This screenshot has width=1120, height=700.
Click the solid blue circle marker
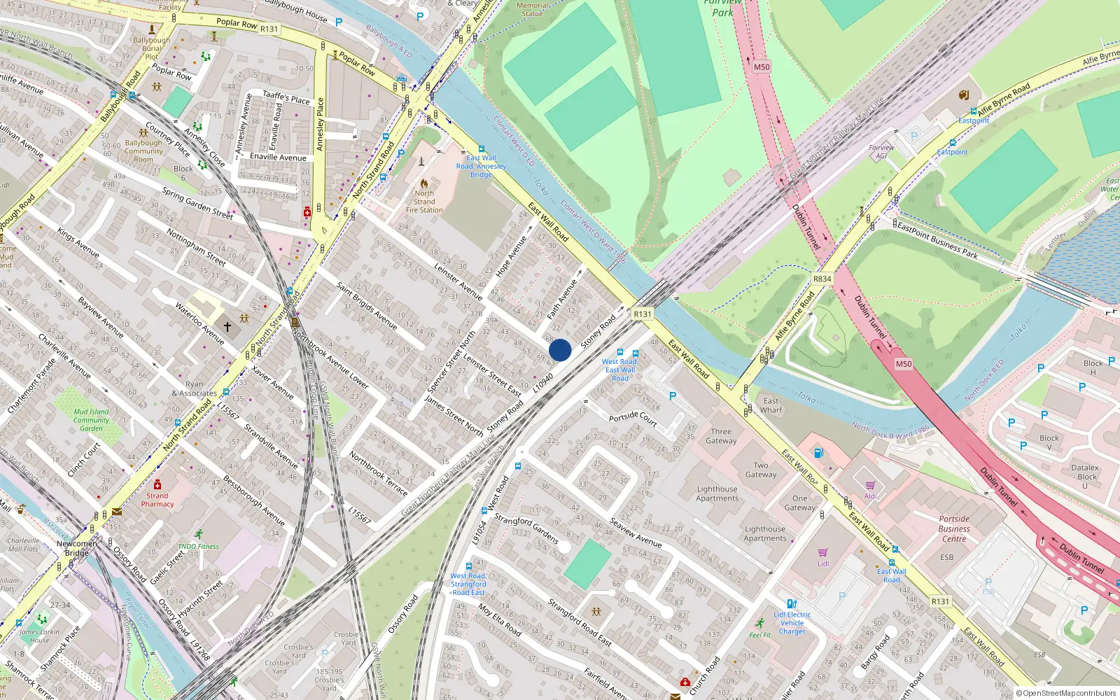pyautogui.click(x=560, y=350)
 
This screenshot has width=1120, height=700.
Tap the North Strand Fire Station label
pyautogui.click(x=424, y=202)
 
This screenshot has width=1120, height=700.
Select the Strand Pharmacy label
pyautogui.click(x=157, y=499)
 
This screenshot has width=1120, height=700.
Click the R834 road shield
pyautogui.click(x=822, y=279)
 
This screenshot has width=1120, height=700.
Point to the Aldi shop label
pyautogui.click(x=870, y=496)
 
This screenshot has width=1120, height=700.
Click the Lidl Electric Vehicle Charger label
pyautogui.click(x=792, y=622)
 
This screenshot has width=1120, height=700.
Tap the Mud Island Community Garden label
pyautogui.click(x=91, y=420)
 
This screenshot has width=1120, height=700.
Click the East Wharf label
pyautogui.click(x=771, y=405)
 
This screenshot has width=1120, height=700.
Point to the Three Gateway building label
pyautogui.click(x=721, y=436)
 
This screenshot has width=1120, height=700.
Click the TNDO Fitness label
pyautogui.click(x=198, y=546)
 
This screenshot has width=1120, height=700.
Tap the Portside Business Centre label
pyautogui.click(x=954, y=528)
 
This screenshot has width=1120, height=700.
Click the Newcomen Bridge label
pyautogui.click(x=77, y=548)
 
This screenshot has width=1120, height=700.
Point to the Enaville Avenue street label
pyautogui.click(x=278, y=157)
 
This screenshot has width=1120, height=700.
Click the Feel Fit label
pyautogui.click(x=759, y=635)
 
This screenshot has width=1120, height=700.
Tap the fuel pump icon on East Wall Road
pyautogui.click(x=818, y=453)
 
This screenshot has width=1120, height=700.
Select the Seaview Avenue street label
pyautogui.click(x=635, y=533)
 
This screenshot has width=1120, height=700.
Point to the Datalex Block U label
pyautogui.click(x=1084, y=476)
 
